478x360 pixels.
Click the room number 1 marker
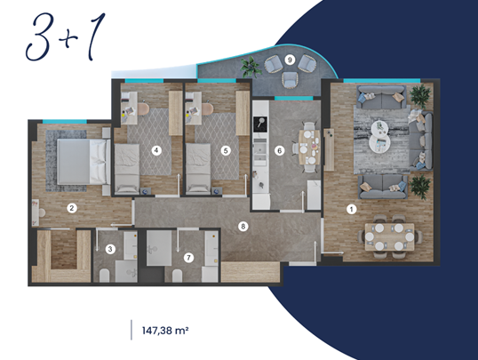(352, 209)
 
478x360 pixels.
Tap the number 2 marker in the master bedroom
(72, 208)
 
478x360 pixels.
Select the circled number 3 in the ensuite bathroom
(110, 249)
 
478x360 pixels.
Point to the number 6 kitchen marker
(279, 150)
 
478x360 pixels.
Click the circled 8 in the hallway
(243, 227)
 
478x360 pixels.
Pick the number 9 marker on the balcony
(290, 60)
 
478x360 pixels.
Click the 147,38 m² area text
(165, 331)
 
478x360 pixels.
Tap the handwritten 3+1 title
(66, 37)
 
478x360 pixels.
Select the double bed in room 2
(84, 162)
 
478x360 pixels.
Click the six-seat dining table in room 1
(389, 236)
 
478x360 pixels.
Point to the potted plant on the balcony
(251, 67)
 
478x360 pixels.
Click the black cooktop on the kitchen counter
(260, 124)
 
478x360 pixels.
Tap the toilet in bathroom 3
(104, 276)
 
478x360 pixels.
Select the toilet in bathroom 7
(177, 276)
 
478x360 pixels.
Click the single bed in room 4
(127, 168)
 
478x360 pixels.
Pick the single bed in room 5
(198, 168)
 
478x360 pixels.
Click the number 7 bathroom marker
(188, 258)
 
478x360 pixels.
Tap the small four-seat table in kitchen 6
(309, 148)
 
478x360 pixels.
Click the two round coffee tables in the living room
(380, 136)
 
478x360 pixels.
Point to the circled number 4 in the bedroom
(156, 150)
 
